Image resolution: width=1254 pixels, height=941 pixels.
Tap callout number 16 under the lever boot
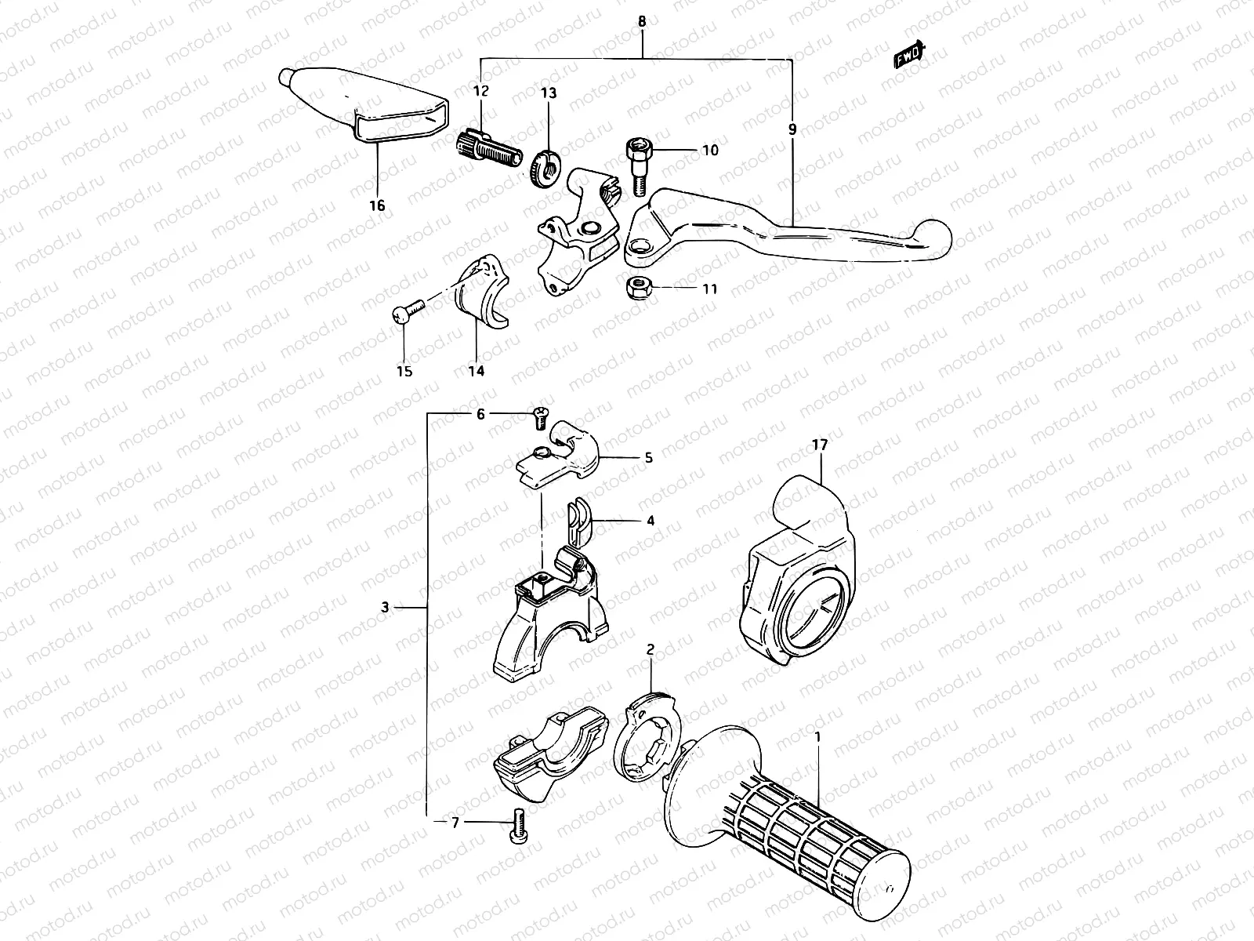(x=377, y=205)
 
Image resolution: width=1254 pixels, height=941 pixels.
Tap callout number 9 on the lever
(x=792, y=129)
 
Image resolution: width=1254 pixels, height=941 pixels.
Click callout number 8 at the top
(x=642, y=22)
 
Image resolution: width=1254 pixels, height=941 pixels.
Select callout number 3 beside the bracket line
(x=385, y=606)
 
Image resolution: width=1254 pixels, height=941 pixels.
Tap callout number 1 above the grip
(x=817, y=736)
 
